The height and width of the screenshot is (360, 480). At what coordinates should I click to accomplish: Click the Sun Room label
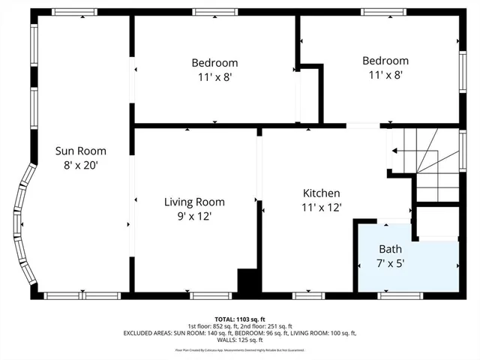[81, 150]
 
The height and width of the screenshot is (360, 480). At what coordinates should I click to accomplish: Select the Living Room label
[194, 202]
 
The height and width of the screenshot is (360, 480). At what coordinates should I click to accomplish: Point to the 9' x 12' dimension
[194, 216]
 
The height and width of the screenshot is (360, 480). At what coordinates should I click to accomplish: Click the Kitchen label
[321, 193]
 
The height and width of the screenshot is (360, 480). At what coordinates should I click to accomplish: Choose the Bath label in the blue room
[390, 249]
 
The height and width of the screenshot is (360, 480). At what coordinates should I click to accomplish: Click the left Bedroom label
[214, 62]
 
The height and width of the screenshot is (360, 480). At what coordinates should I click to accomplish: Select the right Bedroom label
[385, 61]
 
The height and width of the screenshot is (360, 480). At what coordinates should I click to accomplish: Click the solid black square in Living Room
[247, 281]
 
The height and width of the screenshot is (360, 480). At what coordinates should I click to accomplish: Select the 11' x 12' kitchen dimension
[321, 207]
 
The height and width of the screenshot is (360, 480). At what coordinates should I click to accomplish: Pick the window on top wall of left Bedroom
[209, 12]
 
